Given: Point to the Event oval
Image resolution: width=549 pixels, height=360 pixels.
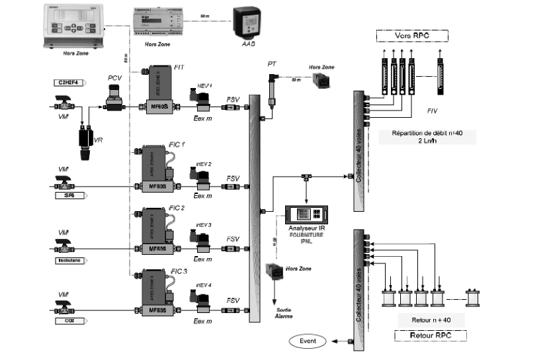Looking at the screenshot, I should [x=309, y=341].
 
